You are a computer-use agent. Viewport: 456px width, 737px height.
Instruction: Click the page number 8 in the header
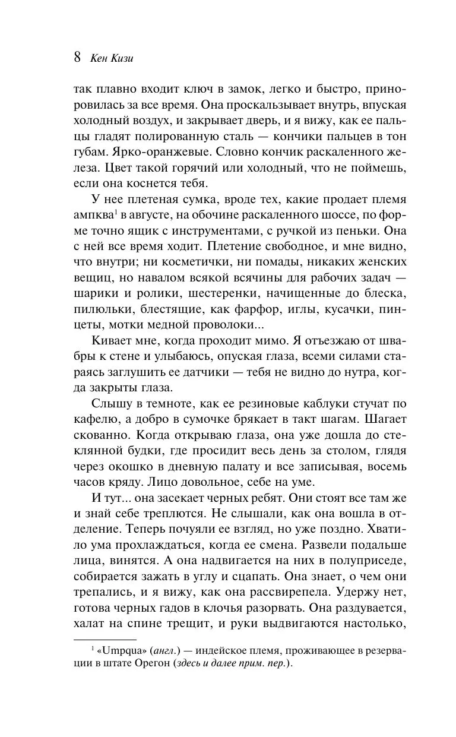click(77, 58)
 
